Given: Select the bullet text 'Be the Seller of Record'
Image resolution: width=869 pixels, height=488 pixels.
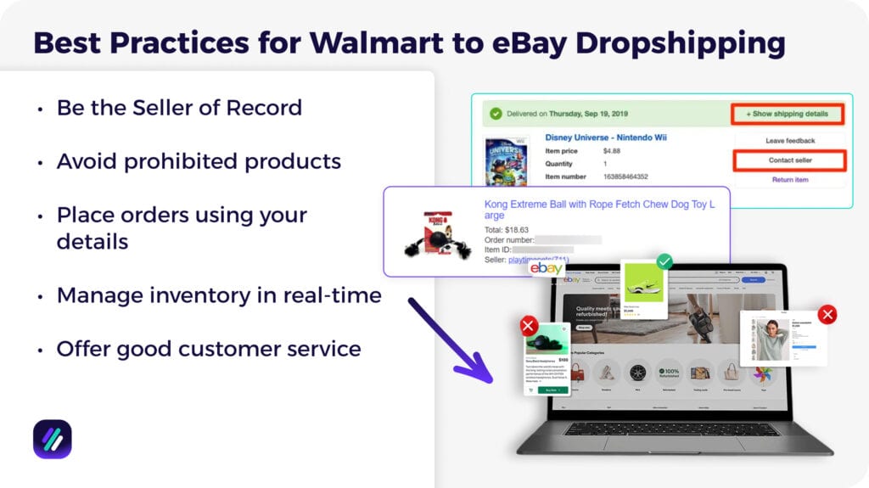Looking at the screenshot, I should pos(179,108).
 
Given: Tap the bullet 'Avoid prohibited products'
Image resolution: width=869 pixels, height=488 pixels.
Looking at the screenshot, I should pos(199,161).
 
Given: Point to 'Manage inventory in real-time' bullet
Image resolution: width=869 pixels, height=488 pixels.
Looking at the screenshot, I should pos(219,295).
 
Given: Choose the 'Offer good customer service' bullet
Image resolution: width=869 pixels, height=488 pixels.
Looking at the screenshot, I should pos(209,348).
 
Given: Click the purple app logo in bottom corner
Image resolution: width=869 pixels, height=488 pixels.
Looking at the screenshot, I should pos(53,439).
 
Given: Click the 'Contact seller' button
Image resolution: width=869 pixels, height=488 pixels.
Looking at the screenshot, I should pos(789,160).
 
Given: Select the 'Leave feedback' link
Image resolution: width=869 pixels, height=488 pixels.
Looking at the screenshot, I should pos(789,141).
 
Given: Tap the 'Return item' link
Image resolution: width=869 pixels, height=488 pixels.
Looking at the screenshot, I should pos(789,180).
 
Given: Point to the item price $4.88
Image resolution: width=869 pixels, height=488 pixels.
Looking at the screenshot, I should pos(613,151).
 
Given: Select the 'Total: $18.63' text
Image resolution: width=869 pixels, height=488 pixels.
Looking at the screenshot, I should pos(507,229).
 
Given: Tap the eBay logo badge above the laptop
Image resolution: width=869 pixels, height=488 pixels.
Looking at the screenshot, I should pos(547,268).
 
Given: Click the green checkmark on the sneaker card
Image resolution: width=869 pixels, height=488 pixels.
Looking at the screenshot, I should pos(664,262).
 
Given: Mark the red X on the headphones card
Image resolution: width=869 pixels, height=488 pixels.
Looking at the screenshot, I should pos(529,325).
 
